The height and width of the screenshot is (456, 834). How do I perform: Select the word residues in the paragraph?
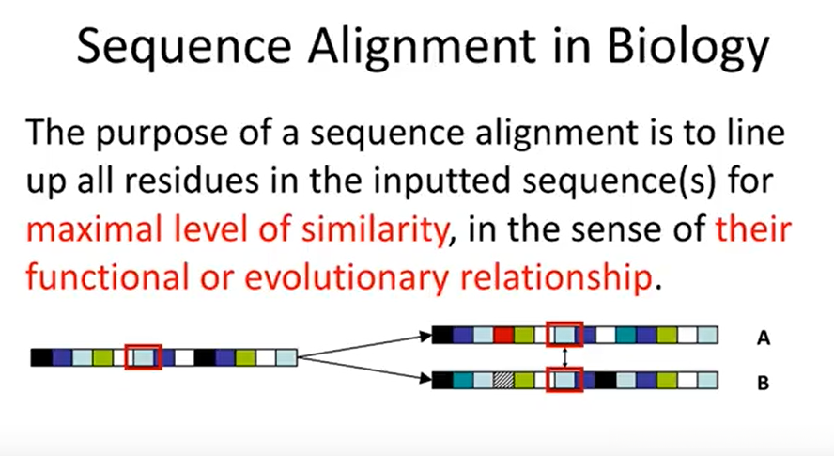coord(191,181)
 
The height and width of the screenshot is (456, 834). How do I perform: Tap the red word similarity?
coord(376,230)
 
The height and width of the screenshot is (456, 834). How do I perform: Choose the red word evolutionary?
coord(347,278)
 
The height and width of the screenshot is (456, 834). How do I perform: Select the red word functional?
coord(107,277)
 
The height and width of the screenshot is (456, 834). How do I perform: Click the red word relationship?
coord(556,277)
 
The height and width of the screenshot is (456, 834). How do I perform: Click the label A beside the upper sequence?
coord(764,338)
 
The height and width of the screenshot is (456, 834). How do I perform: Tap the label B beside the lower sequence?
coord(764,383)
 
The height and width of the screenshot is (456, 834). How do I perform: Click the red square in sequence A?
coord(503,335)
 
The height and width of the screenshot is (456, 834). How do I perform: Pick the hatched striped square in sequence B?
coord(503,381)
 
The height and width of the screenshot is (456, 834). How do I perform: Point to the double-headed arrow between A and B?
coord(564,357)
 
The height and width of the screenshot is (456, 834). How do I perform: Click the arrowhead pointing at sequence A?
coord(425,337)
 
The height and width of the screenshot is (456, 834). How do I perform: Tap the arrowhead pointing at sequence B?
coord(425,379)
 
